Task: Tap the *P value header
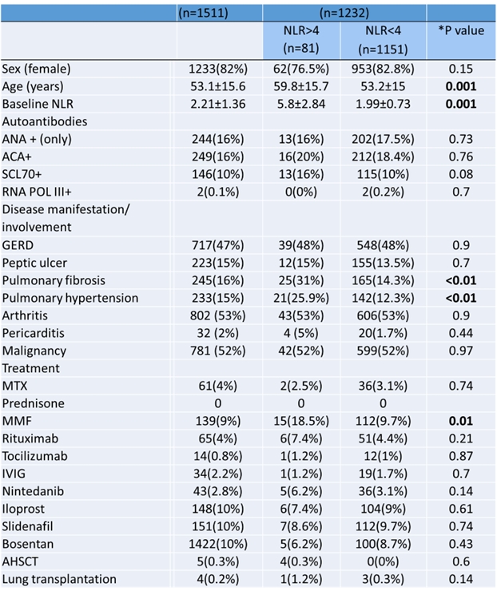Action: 462,31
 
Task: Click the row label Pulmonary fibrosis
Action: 54,280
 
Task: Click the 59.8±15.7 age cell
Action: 297,86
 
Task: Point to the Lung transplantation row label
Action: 59,579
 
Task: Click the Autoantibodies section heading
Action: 44,121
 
